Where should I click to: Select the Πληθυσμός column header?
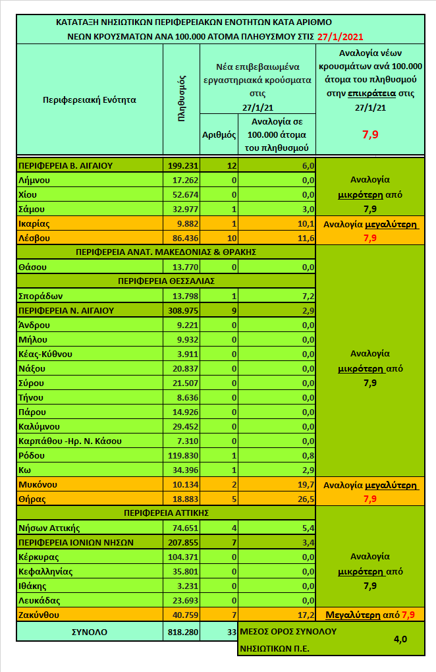[x=182, y=100]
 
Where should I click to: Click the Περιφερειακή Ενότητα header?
[x=89, y=100]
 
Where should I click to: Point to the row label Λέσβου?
[x=34, y=237]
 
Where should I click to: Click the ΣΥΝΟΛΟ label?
[x=89, y=632]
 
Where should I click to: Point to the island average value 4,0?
[x=399, y=639]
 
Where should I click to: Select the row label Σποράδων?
[x=40, y=296]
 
